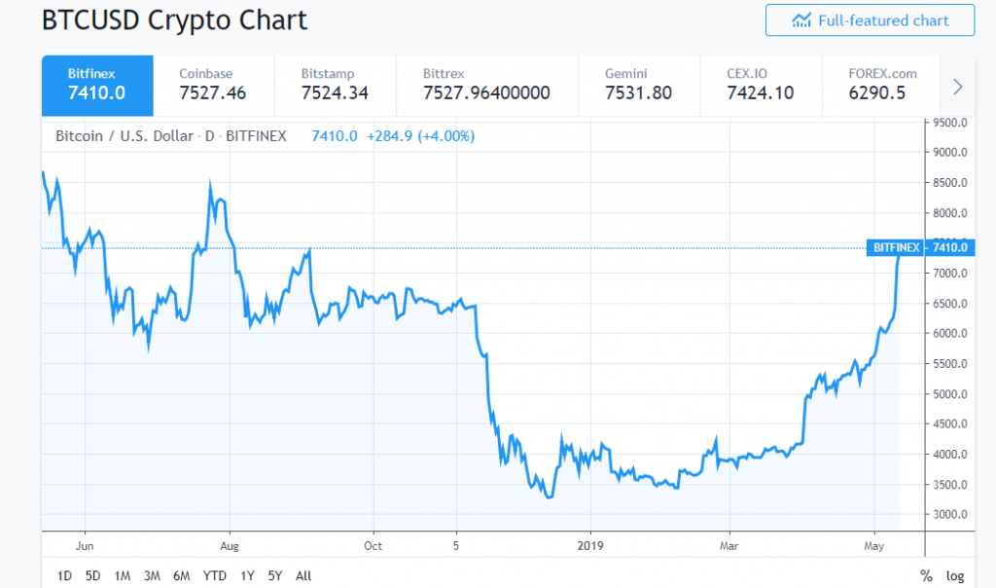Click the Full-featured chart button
click(x=870, y=20)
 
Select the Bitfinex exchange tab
click(x=97, y=85)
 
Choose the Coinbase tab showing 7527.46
click(x=213, y=85)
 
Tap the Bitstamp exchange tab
click(x=335, y=85)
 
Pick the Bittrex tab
click(x=486, y=85)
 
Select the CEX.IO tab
click(x=760, y=85)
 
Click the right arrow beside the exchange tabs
click(x=958, y=86)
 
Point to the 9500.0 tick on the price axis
click(x=949, y=123)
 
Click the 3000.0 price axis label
click(x=949, y=515)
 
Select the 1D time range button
click(x=64, y=575)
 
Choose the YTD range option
click(x=214, y=575)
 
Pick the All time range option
click(x=302, y=575)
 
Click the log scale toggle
click(x=955, y=575)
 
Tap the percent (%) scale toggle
click(x=926, y=575)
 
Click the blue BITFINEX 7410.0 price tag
click(x=920, y=247)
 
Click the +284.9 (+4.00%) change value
click(x=420, y=136)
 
